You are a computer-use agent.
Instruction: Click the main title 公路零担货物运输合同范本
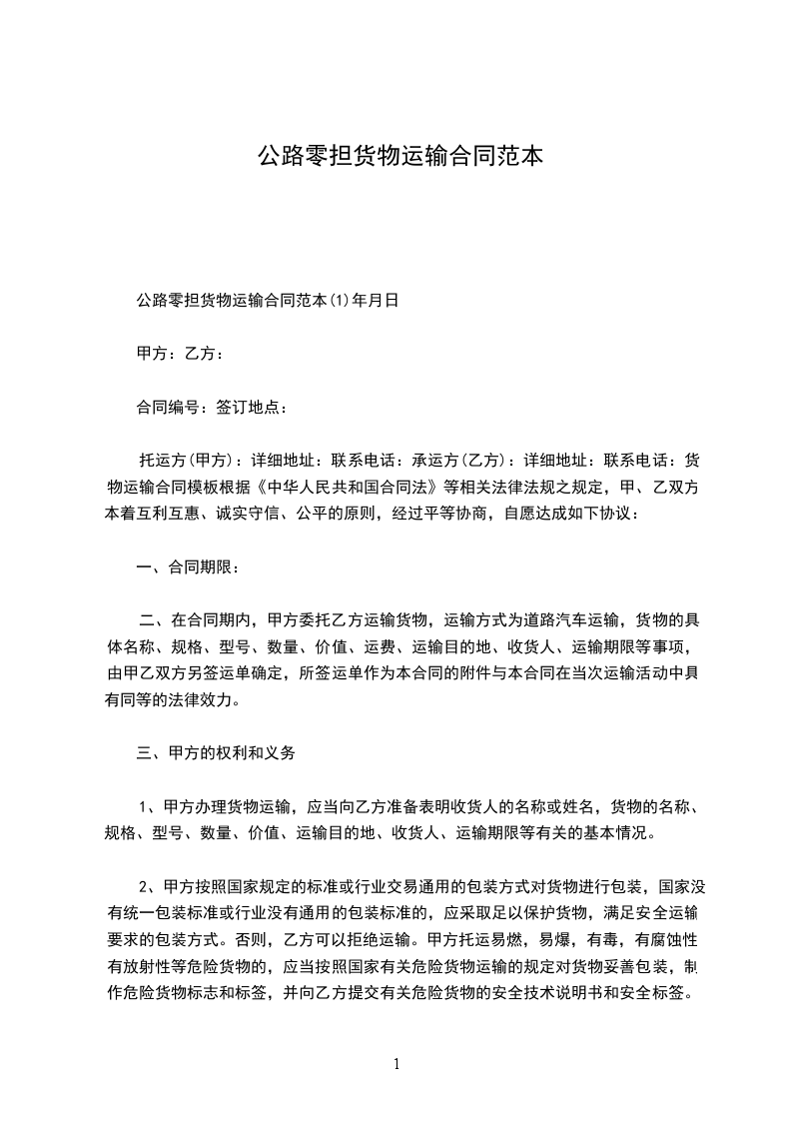400,156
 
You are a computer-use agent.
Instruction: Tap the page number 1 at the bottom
396,1063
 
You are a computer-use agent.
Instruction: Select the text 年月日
377,299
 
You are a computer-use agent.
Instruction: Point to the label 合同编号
169,407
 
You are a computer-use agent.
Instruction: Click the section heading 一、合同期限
187,568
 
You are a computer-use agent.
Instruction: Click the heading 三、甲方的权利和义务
216,753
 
